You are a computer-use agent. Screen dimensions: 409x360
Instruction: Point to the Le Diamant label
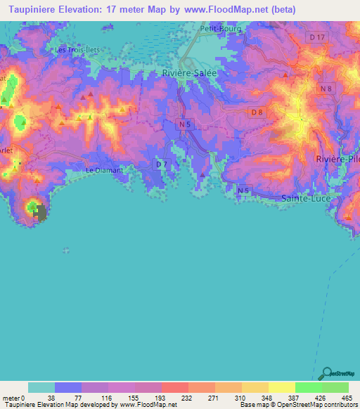[x=104, y=170]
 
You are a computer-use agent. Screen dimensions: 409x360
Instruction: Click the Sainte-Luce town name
[x=307, y=199]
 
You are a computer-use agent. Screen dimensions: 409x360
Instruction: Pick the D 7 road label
[x=161, y=164]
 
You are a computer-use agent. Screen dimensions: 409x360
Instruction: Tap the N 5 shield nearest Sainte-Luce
[x=243, y=190]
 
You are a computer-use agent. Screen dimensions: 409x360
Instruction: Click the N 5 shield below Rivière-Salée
[x=182, y=123]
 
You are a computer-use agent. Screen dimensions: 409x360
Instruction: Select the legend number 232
[x=174, y=397]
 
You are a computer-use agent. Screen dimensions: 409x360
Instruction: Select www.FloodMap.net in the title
[x=229, y=9]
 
